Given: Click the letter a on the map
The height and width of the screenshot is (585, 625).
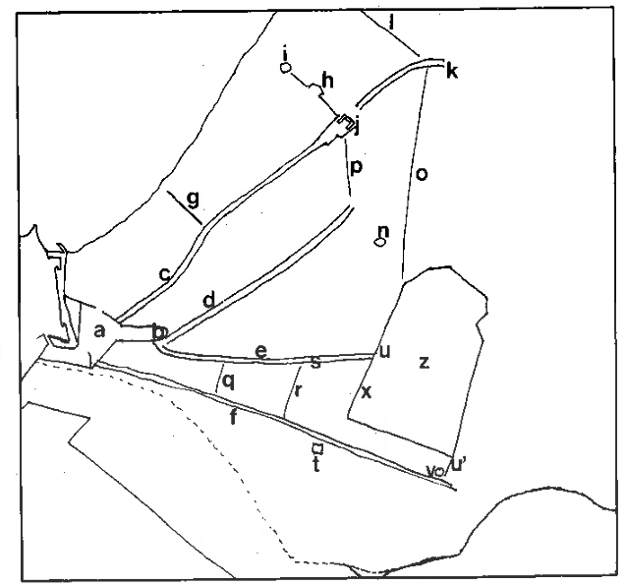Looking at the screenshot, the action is coord(98,331).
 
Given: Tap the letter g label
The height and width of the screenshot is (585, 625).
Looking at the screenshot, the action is coord(193,199).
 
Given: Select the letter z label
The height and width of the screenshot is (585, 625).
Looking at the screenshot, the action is coord(424,362).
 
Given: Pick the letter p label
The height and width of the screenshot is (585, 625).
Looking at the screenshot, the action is coord(356,168).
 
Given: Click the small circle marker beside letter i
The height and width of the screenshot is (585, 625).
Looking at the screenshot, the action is coord(285,70).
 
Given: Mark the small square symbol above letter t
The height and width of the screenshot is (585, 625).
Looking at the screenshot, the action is coord(316,448).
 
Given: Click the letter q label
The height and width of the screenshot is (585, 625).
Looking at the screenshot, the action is coord(229,380).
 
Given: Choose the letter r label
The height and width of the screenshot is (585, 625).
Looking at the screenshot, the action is coord(298,388).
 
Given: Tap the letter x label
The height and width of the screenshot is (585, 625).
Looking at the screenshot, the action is coord(367,392).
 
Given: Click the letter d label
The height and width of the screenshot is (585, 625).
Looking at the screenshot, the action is coord(208,300).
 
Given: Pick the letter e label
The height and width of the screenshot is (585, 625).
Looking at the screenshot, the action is coord(260,350).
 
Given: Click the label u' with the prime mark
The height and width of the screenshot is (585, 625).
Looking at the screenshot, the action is coord(458,464).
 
